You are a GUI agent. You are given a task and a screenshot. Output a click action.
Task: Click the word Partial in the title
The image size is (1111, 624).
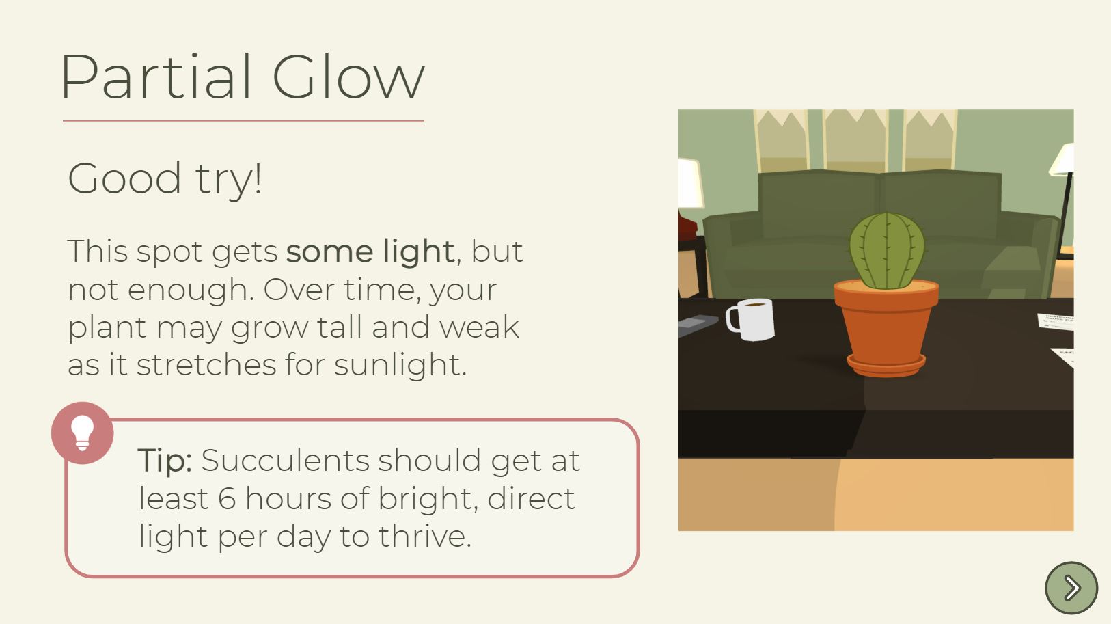(x=156, y=77)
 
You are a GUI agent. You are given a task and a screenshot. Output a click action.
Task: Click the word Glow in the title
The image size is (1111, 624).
(x=348, y=77)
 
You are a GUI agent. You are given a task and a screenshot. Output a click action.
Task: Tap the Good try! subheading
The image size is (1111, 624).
(x=165, y=179)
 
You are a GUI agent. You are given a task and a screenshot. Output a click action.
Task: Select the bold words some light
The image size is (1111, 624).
(x=370, y=252)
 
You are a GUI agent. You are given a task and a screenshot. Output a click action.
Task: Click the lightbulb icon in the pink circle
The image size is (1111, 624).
(x=82, y=433)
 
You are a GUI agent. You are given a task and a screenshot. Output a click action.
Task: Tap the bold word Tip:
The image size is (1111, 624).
(x=165, y=461)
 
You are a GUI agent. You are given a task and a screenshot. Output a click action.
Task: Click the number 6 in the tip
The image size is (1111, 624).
(x=227, y=498)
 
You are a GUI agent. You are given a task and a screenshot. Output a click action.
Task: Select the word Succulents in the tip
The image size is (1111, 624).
(x=285, y=461)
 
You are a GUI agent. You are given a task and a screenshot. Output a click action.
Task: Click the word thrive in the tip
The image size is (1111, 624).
(x=424, y=537)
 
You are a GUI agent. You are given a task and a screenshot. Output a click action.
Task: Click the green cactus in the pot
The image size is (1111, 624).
(x=887, y=251)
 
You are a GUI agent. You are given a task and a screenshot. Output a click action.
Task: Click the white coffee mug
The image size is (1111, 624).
(x=750, y=319)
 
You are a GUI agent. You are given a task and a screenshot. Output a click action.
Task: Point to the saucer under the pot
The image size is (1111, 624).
(x=886, y=366)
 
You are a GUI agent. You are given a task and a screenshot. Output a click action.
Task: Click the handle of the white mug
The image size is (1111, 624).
(x=732, y=319)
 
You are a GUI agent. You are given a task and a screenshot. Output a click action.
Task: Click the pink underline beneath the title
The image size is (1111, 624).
(x=243, y=120)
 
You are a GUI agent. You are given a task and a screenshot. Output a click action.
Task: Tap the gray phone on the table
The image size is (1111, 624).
(x=698, y=325)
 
